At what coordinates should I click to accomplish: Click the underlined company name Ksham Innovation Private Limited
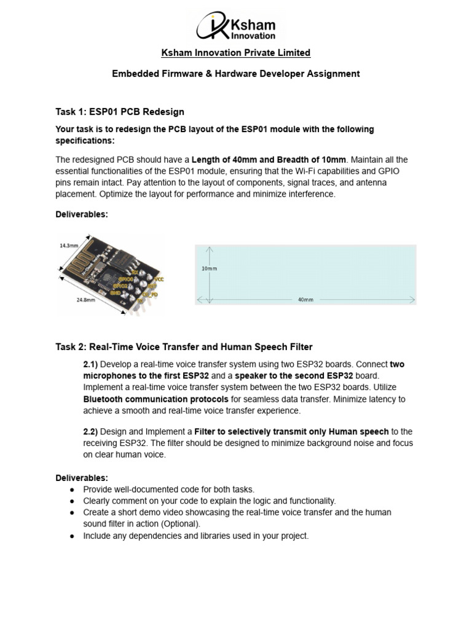coord(235,53)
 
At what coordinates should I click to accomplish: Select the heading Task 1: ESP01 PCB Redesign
coord(120,112)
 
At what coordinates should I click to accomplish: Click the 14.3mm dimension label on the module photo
coord(69,245)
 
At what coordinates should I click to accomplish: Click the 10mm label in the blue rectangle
coord(210,268)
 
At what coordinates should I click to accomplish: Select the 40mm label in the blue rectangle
coord(305,300)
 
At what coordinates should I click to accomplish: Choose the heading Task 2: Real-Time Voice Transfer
coord(184,347)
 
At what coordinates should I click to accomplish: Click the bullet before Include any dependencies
coord(72,536)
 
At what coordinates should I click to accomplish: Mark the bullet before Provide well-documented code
coord(72,490)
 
